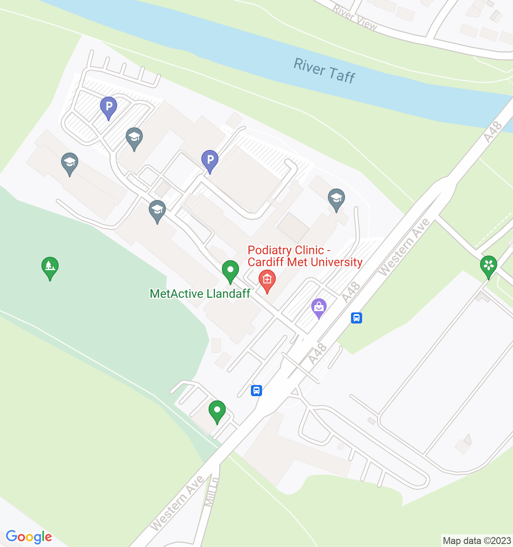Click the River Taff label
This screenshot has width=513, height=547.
pos(324,71)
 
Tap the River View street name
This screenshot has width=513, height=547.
pos(355,18)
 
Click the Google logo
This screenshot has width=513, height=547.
pos(29,537)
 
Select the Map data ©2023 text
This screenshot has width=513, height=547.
pos(477,541)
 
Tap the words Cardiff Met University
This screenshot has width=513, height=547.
pos(305,262)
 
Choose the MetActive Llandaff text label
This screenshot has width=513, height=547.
pos(200,294)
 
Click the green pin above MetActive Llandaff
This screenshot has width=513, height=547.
pos(230,271)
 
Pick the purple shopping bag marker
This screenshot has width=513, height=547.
pos(319,307)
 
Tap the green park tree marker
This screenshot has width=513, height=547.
pos(50,267)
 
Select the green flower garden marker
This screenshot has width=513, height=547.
pos(488,265)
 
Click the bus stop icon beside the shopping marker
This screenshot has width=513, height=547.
pos(357,318)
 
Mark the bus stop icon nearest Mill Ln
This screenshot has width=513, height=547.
pos(256,390)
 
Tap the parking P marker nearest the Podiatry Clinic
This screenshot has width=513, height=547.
pos(210,161)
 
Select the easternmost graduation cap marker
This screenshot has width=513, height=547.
pos(336,199)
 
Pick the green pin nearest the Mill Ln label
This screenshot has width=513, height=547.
pos(217,411)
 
